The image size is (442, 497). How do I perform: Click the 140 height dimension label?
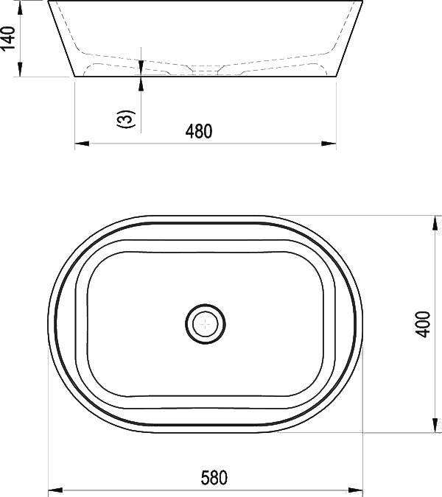click(8, 38)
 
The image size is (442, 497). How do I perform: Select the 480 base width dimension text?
click(199, 131)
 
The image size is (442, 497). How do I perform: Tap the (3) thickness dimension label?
click(127, 119)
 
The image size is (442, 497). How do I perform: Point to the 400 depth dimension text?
click(423, 324)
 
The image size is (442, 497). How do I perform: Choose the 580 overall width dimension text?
click(214, 478)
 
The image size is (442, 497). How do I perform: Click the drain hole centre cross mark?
click(206, 324)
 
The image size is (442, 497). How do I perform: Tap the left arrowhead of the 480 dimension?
click(82, 144)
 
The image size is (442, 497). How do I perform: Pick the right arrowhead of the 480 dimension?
click(329, 144)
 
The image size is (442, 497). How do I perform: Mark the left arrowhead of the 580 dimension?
click(55, 490)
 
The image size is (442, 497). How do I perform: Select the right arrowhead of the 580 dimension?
click(355, 490)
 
